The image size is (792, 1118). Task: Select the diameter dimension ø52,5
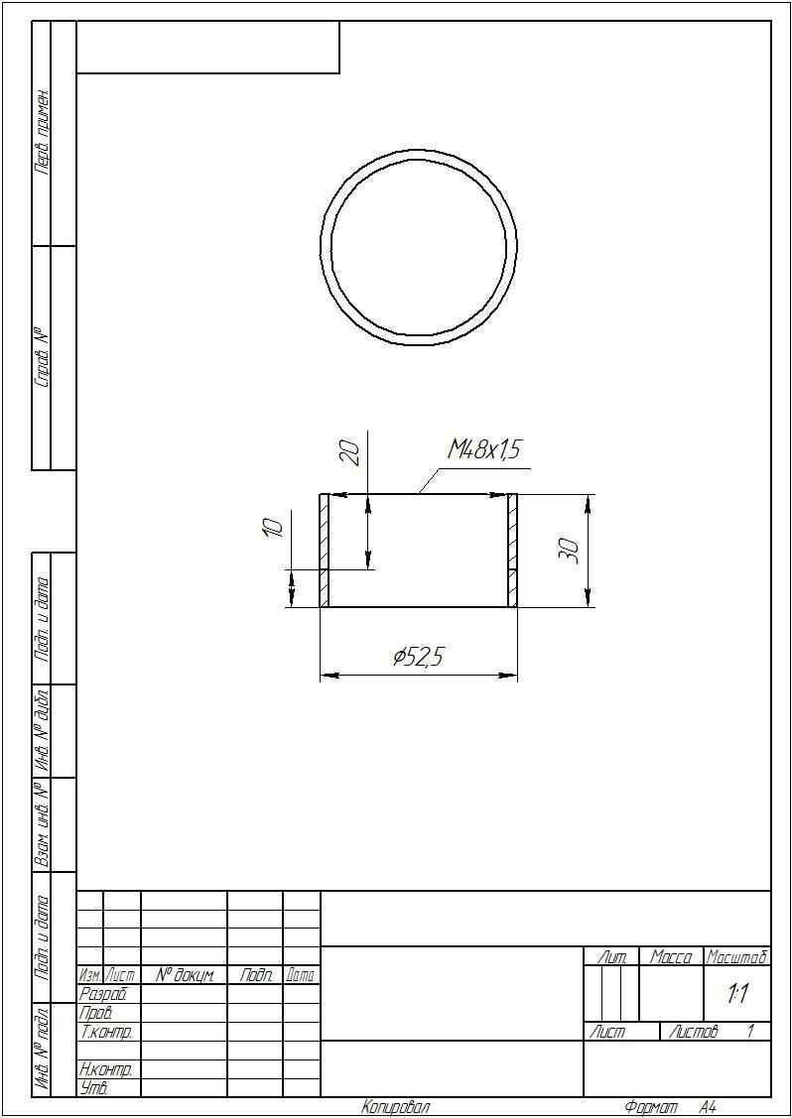(x=419, y=656)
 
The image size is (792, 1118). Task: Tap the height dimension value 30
(x=570, y=551)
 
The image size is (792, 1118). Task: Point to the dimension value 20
(x=350, y=452)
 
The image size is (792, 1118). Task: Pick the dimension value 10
(x=273, y=527)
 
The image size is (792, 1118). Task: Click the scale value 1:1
(x=737, y=995)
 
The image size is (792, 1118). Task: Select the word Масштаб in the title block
(x=737, y=957)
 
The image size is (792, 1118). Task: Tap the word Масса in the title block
(x=671, y=957)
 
